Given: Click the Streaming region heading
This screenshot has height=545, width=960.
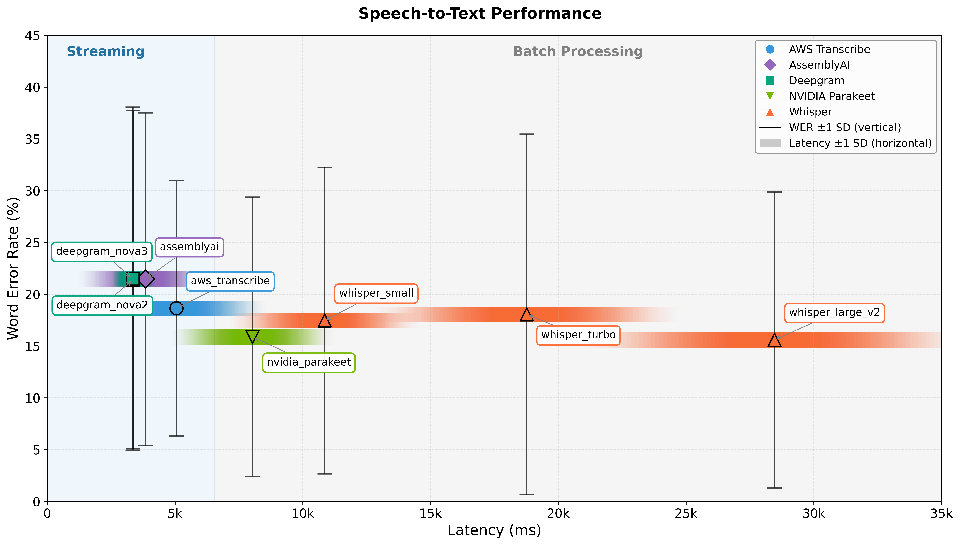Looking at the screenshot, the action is point(106,52).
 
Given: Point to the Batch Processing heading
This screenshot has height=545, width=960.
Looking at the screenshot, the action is point(578,52).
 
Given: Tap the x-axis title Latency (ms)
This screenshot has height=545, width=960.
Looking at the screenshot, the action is point(494,530).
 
